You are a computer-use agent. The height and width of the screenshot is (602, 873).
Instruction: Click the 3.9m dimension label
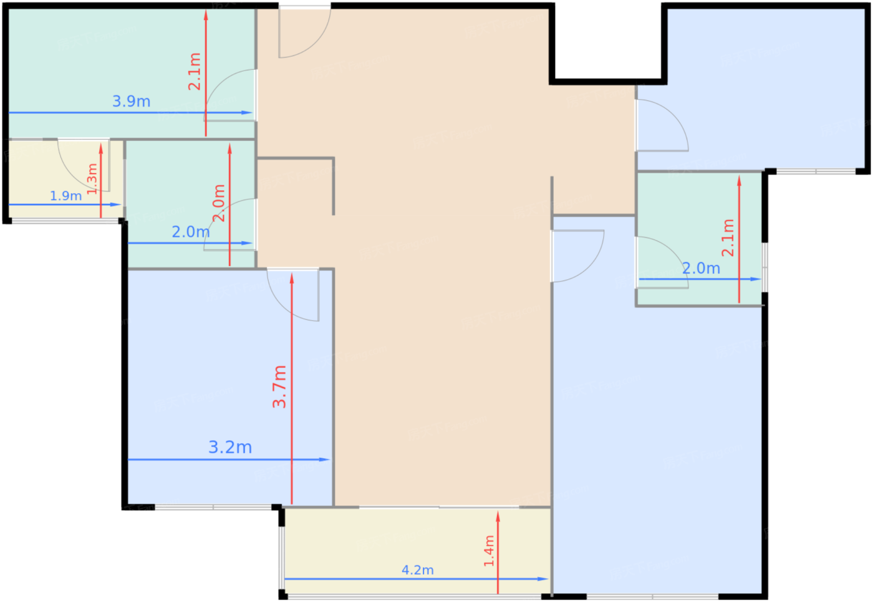[132, 102]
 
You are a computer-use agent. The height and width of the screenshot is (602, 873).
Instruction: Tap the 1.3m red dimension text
[92, 179]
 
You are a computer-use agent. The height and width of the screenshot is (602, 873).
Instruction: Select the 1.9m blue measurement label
[66, 196]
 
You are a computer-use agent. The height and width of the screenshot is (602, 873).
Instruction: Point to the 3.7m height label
[279, 387]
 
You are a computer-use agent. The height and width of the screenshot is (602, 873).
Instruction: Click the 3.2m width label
[230, 447]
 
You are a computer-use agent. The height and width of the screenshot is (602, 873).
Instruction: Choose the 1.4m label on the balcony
[489, 551]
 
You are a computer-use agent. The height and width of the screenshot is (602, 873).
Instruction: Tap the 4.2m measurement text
[417, 570]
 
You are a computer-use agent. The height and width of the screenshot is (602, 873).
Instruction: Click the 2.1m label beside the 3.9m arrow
[195, 72]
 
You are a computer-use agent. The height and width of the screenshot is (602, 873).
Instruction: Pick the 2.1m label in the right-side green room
[728, 238]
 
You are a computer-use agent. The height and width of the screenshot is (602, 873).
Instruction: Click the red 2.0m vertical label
[219, 203]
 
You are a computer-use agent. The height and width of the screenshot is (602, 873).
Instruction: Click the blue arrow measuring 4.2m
[417, 579]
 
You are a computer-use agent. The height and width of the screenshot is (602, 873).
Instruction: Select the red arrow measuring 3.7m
[292, 389]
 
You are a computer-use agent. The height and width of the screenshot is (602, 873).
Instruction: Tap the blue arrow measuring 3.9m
[130, 113]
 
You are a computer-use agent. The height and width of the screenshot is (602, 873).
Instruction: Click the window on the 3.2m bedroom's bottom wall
[213, 507]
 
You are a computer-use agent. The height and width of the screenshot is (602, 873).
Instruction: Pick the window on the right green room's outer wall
[765, 267]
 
